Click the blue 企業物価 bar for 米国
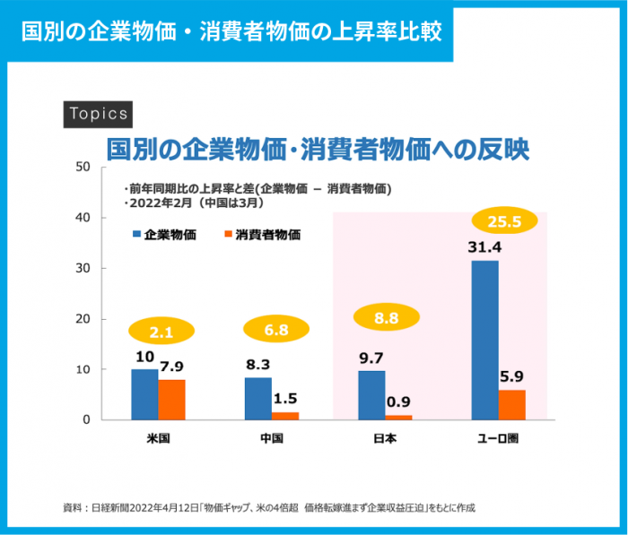[x=144, y=394]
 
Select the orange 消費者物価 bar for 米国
[x=171, y=400]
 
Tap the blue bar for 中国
[x=257, y=399]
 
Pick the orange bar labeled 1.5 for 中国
[x=284, y=416]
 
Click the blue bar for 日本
[x=371, y=395]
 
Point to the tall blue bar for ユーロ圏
[x=484, y=341]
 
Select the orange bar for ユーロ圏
[x=511, y=405]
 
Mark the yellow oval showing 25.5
[x=504, y=221]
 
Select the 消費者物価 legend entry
[x=261, y=235]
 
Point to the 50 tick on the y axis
[x=83, y=167]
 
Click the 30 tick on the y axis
[x=83, y=268]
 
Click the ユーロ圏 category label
[x=498, y=439]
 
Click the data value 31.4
[x=484, y=246]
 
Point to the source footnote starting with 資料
[x=269, y=507]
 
